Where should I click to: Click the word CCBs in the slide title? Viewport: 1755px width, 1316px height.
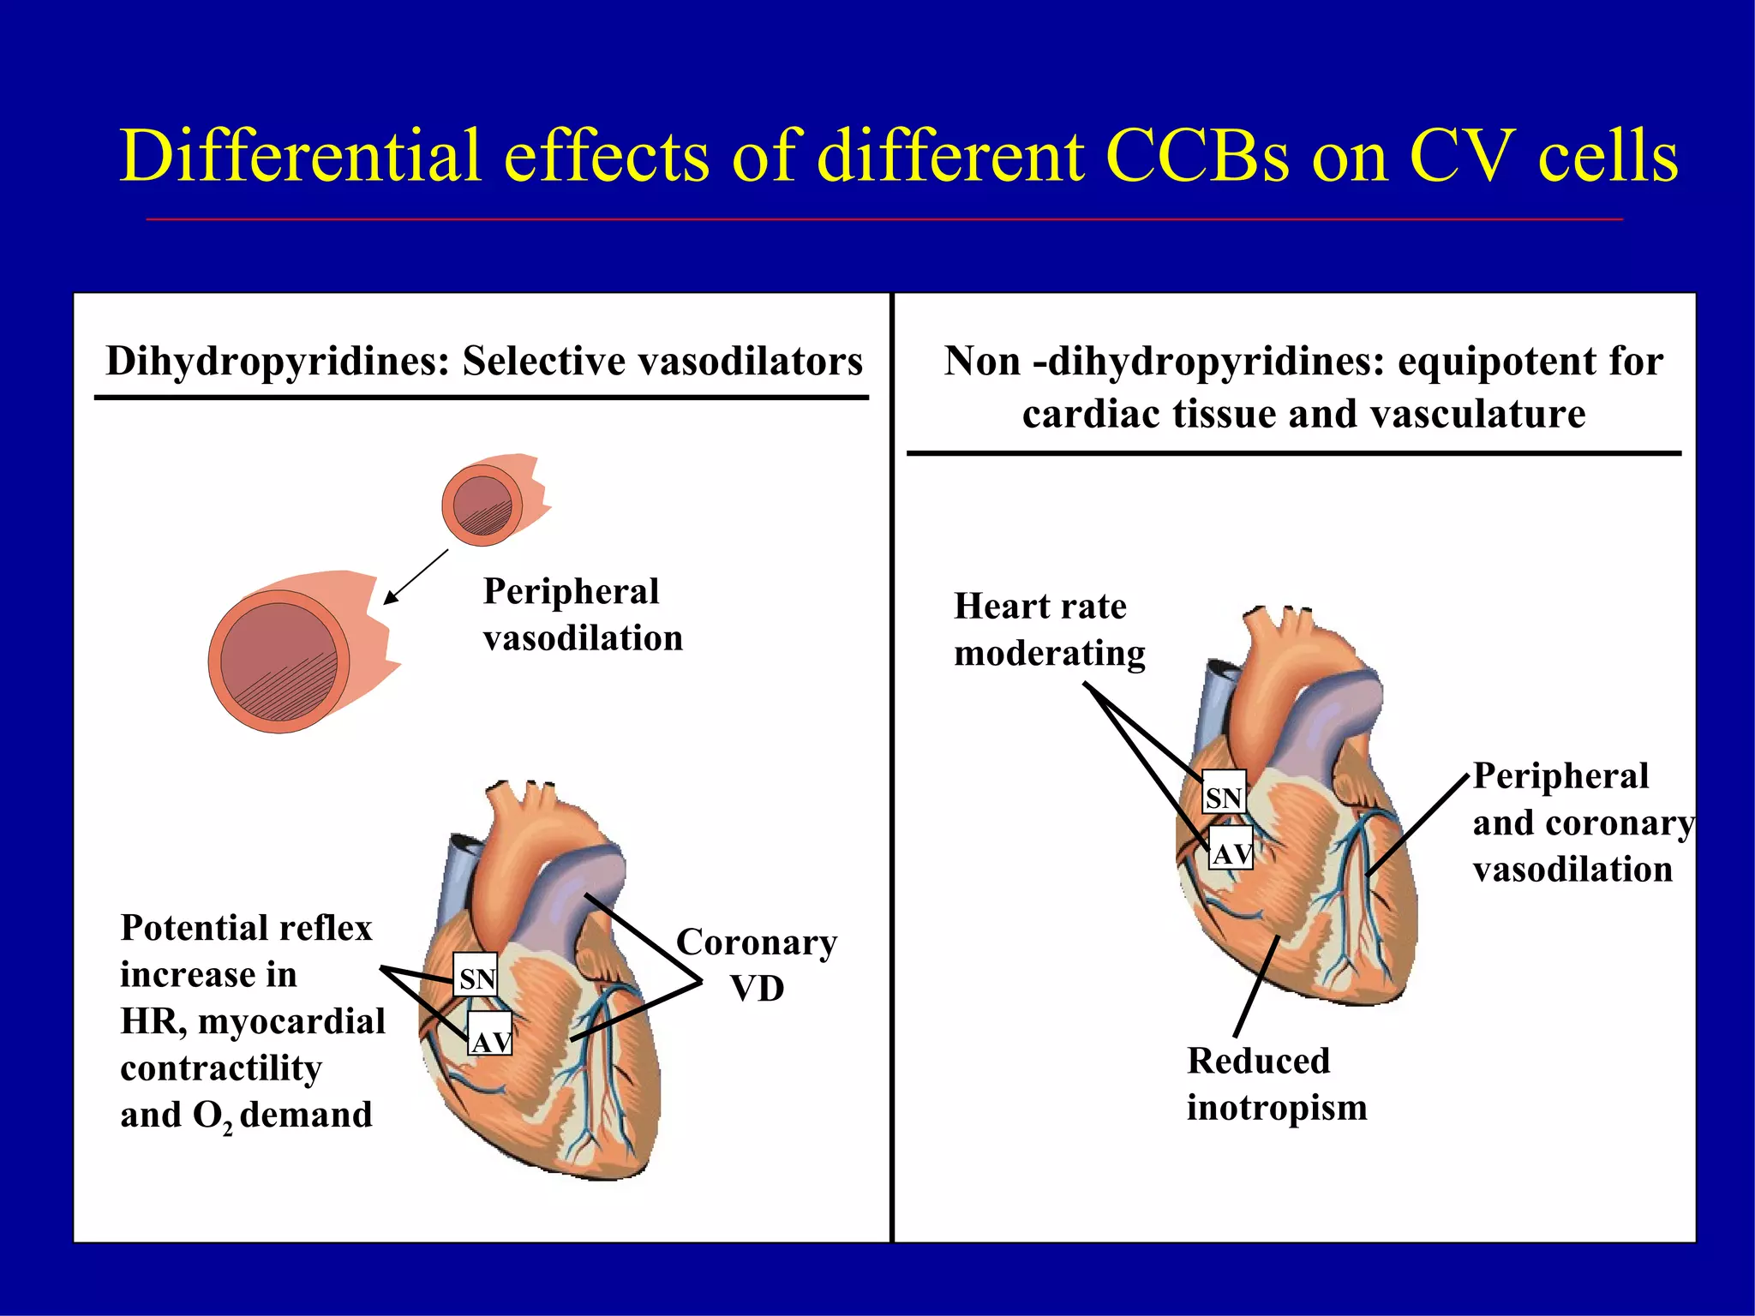[1197, 157]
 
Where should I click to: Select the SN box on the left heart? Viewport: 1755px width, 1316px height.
[476, 978]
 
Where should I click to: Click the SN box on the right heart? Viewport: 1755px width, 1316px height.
[1223, 797]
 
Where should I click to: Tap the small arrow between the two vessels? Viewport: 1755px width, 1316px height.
[416, 577]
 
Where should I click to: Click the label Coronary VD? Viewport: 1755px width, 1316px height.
[757, 965]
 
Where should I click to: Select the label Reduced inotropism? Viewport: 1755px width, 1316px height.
[1276, 1084]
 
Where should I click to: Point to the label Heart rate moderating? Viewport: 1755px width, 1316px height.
[1049, 630]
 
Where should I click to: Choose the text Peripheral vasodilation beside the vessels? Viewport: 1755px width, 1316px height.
[583, 614]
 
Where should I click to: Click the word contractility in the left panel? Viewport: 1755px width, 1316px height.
[221, 1068]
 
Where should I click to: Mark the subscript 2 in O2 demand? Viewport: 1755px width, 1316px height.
[227, 1129]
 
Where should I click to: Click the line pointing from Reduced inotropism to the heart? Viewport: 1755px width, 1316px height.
[1256, 986]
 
